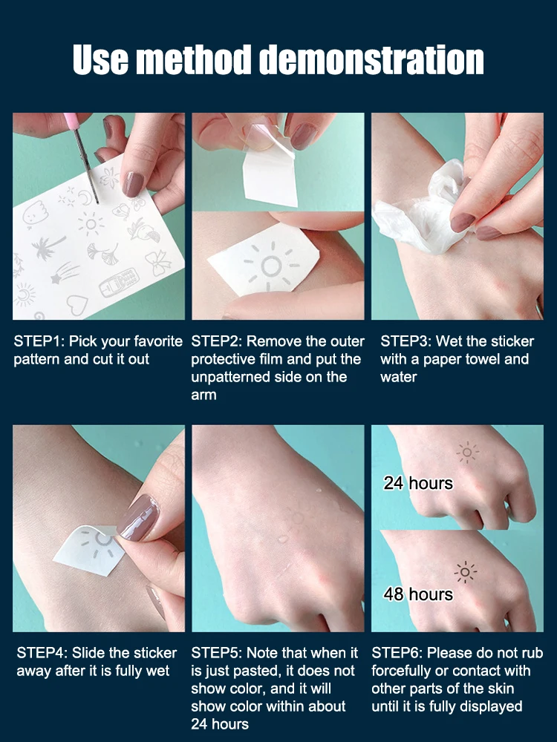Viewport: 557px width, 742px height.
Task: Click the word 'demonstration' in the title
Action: click(372, 59)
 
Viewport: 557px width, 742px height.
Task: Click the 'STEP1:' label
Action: click(39, 341)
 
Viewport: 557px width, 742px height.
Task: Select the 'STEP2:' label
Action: click(216, 341)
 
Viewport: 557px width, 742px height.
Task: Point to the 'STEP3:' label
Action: click(406, 341)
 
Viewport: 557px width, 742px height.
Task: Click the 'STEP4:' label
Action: click(42, 653)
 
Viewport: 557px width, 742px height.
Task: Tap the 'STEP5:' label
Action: click(216, 653)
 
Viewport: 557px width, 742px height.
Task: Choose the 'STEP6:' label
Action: click(397, 653)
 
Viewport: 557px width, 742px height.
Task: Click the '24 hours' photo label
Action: click(418, 483)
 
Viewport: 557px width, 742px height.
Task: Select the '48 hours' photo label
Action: click(418, 594)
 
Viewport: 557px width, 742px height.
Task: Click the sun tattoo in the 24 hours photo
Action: click(467, 453)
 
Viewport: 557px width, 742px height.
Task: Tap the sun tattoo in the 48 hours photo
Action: click(465, 573)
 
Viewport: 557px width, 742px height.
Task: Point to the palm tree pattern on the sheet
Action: click(46, 247)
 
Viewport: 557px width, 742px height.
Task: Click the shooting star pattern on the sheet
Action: click(65, 272)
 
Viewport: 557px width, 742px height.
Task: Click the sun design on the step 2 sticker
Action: click(271, 266)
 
